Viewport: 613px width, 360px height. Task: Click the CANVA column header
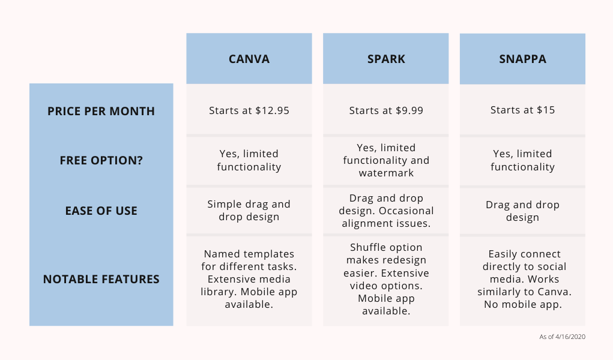click(x=249, y=59)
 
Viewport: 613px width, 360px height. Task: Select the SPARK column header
click(x=386, y=59)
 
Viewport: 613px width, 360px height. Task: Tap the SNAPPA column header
click(x=522, y=59)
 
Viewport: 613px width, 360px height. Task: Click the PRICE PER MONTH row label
click(x=101, y=111)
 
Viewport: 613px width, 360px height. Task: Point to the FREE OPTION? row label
click(x=101, y=160)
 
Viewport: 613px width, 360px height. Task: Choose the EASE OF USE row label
click(x=101, y=211)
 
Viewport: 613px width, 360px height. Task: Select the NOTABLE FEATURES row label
click(x=101, y=279)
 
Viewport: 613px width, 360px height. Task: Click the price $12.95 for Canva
click(x=272, y=110)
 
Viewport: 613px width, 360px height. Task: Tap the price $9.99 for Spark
click(x=409, y=110)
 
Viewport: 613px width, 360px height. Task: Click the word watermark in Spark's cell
click(x=386, y=173)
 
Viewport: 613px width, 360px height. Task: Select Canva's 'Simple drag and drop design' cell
click(x=249, y=210)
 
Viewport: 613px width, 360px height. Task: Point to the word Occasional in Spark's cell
click(x=406, y=211)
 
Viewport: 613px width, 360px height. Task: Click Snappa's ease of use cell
click(x=522, y=211)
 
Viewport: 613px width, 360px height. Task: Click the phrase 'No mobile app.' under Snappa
click(x=523, y=304)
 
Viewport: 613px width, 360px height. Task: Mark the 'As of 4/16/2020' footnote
click(x=562, y=337)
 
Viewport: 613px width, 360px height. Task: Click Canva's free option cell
click(x=249, y=160)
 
